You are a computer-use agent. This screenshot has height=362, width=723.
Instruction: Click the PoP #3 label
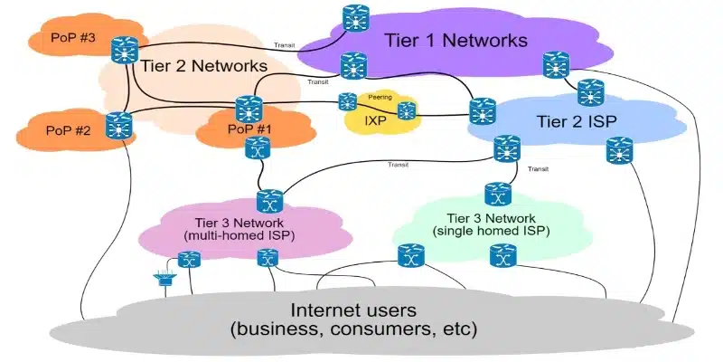pyautogui.click(x=73, y=38)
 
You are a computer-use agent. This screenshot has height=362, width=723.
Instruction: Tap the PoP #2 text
pyautogui.click(x=68, y=130)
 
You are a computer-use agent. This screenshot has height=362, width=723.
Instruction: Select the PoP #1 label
pyautogui.click(x=249, y=129)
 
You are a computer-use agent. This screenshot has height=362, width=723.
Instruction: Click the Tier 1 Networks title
pyautogui.click(x=455, y=40)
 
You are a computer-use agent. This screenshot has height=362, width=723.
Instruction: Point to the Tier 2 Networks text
pyautogui.click(x=203, y=65)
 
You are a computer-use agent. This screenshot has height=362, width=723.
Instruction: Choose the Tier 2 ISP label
pyautogui.click(x=577, y=121)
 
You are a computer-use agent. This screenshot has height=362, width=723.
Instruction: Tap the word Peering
pyautogui.click(x=380, y=98)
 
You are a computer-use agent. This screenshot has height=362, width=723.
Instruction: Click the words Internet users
pyautogui.click(x=353, y=310)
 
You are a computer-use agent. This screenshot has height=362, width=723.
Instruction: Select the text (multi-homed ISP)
pyautogui.click(x=239, y=236)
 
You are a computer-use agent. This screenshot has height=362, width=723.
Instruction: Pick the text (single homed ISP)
pyautogui.click(x=491, y=231)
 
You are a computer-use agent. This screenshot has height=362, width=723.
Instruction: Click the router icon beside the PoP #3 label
pyautogui.click(x=125, y=50)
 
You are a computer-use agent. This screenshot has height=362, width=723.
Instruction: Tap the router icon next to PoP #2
pyautogui.click(x=118, y=126)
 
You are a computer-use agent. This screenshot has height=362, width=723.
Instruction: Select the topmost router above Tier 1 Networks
pyautogui.click(x=356, y=18)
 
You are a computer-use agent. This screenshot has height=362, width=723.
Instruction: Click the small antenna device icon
pyautogui.click(x=164, y=279)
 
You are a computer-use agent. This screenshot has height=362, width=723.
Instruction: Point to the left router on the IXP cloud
pyautogui.click(x=348, y=101)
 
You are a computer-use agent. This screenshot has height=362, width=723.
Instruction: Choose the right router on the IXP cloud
pyautogui.click(x=406, y=110)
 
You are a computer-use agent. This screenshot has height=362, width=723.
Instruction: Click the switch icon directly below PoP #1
pyautogui.click(x=258, y=148)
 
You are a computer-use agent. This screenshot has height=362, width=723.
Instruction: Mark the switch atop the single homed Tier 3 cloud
pyautogui.click(x=498, y=194)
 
